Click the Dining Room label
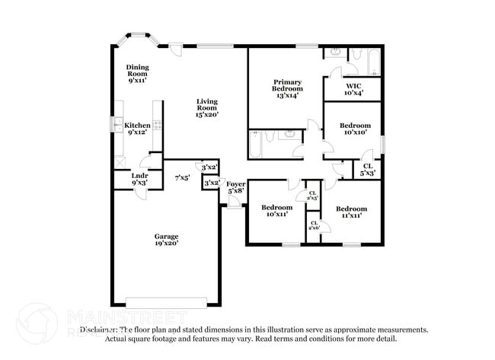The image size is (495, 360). click(138, 73)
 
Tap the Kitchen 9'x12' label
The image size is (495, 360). click(138, 129)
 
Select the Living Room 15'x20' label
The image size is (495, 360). click(207, 107)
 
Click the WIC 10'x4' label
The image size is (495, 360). click(353, 89)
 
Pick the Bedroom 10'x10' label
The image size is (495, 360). click(355, 129)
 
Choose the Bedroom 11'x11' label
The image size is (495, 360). click(351, 212)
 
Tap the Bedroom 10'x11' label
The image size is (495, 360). click(276, 211)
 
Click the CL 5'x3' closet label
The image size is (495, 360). click(367, 169)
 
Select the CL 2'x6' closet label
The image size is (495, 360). click(314, 225)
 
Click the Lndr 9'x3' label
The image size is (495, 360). click(140, 180)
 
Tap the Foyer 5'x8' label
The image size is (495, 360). click(235, 187)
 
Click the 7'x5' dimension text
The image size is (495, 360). click(181, 177)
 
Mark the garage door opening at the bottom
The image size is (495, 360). click(166, 302)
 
